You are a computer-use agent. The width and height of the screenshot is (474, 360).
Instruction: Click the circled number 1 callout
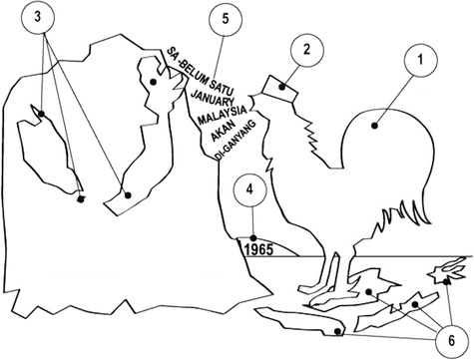(x=421, y=60)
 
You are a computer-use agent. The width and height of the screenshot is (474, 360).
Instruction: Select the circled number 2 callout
(x=306, y=50)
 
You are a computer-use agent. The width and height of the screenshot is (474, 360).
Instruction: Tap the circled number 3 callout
(x=38, y=17)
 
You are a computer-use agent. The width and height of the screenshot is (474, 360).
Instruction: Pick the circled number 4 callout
(x=249, y=189)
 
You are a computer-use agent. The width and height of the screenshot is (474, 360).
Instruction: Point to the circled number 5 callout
(x=226, y=19)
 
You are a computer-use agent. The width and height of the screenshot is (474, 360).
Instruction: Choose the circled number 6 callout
(x=451, y=341)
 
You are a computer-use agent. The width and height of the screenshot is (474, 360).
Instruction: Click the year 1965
(x=260, y=250)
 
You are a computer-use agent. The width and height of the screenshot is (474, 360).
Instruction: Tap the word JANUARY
(x=212, y=97)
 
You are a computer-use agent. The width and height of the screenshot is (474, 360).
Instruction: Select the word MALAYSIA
(x=223, y=115)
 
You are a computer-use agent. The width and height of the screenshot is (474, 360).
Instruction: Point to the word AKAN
(x=224, y=131)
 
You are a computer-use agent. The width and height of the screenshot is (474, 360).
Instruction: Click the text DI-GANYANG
(x=236, y=140)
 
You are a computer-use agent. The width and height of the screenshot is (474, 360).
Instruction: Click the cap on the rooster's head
(x=279, y=89)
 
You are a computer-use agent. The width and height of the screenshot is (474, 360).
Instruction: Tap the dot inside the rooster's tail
(x=375, y=126)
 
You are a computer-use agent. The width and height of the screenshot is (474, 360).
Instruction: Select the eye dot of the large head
(x=153, y=82)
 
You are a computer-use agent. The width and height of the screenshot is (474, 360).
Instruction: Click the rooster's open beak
(x=253, y=102)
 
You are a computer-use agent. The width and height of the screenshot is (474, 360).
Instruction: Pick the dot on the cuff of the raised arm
(x=128, y=195)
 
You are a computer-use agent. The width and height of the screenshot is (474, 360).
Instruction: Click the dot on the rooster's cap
(x=282, y=87)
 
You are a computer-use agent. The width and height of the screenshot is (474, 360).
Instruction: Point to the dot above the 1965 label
(x=253, y=238)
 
